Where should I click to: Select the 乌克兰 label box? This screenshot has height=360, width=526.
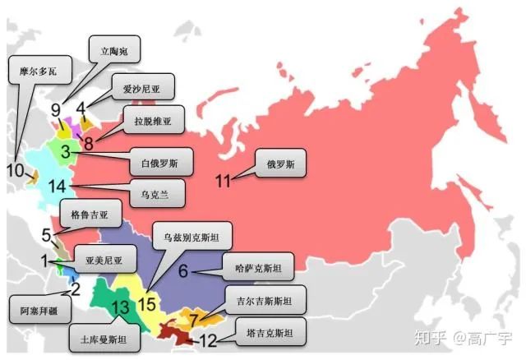157,196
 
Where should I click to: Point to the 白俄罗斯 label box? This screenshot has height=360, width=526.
162,161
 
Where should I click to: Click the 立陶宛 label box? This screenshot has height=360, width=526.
114,49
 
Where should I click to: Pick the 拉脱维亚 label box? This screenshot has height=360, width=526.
152,121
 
